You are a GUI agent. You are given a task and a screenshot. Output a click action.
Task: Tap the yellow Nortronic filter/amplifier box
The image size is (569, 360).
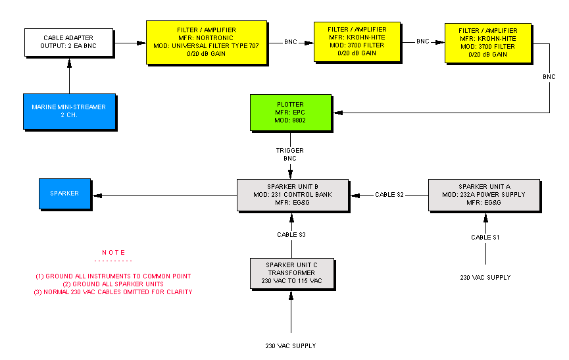207,42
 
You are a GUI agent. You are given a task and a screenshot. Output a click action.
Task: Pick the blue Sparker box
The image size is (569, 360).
64,193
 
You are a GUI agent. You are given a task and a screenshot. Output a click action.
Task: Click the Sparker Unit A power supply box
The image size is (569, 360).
483,194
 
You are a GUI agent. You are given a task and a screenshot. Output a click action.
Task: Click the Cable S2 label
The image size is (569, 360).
389,195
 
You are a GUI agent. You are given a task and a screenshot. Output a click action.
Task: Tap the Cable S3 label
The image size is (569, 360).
291,234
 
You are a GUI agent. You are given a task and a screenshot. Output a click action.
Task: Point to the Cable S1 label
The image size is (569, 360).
485,237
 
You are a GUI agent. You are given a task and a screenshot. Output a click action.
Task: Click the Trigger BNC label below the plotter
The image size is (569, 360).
289,155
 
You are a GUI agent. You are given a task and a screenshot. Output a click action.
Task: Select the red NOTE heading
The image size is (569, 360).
113,253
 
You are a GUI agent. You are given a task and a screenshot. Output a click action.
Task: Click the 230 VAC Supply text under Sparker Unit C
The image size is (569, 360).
290,346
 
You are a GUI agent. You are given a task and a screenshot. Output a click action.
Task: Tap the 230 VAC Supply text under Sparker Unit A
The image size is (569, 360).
485,278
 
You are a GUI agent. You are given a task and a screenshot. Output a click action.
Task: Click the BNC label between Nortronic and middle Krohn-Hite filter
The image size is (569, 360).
291,42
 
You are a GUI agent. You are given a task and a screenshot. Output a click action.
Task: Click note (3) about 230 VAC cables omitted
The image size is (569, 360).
113,292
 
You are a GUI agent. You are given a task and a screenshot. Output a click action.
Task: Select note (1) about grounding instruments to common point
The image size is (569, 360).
113,276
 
